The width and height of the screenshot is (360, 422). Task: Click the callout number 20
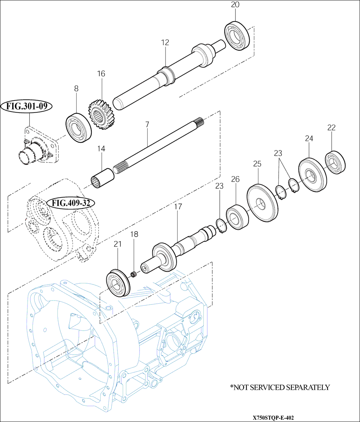(x=235, y=5)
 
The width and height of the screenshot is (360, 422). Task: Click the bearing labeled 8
(x=78, y=127)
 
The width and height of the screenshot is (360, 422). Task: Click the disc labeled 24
(x=312, y=175)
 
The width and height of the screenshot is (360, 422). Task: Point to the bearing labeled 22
(x=336, y=163)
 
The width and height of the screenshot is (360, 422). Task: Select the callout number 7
(x=147, y=124)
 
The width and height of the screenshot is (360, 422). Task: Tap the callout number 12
(x=165, y=42)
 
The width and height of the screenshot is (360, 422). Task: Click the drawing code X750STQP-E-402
(x=273, y=417)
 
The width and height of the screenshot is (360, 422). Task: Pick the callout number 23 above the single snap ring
(x=219, y=186)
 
